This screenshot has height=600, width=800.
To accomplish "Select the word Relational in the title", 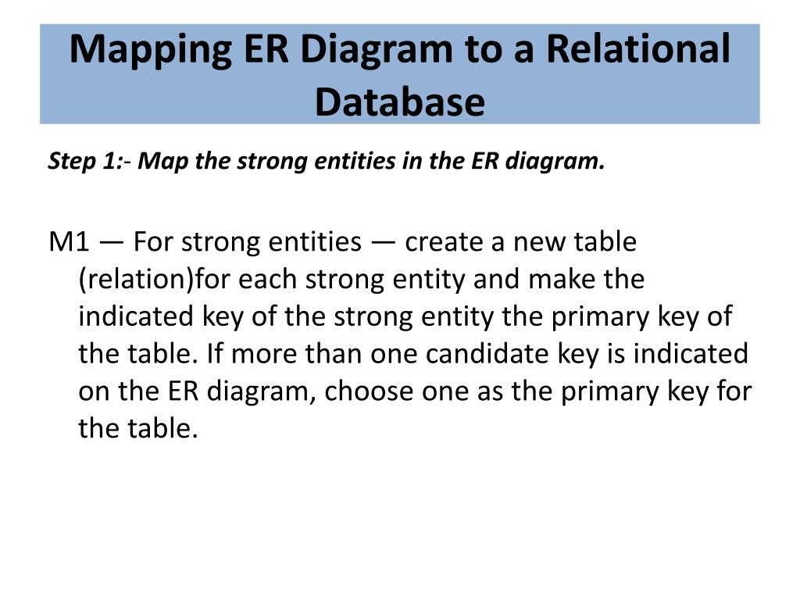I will coord(637,51).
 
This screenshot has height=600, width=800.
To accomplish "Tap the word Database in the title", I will coord(399,102).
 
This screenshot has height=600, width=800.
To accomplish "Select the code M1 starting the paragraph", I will coord(66,242).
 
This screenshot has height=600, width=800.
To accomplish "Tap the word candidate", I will coord(490,354).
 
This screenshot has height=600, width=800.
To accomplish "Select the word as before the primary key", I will coord(489,391).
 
